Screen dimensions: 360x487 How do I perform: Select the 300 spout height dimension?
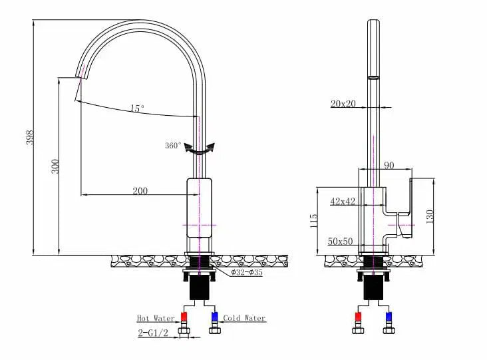coord(55,166)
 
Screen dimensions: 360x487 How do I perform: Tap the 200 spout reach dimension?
coord(140,191)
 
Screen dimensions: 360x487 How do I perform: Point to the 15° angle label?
coord(137,108)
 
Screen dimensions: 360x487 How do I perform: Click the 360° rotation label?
coord(173,146)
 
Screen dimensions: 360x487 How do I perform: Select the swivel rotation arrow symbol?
coord(200,150)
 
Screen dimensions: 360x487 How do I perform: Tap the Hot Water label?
coord(156,318)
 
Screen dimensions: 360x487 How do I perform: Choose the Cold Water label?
coord(244,318)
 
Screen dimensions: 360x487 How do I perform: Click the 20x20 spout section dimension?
coord(344,103)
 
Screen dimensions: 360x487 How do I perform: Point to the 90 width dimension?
coord(389,165)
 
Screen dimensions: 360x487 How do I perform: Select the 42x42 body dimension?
coord(343,201)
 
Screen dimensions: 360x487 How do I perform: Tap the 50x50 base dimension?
coord(340,242)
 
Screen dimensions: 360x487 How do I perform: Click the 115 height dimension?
coord(313,220)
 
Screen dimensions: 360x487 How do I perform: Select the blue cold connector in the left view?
coord(214,317)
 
